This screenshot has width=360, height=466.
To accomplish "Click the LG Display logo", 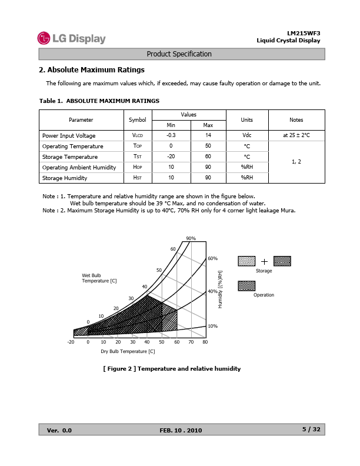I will pos(71,39).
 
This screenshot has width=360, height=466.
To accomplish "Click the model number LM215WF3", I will pos(304,33).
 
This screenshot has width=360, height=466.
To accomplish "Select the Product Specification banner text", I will pos(179,54).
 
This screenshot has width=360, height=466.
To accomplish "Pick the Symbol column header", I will pos(137,120).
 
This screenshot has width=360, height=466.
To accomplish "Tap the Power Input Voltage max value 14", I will pos(208,135).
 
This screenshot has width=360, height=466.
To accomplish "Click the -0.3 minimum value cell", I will pos(171,135).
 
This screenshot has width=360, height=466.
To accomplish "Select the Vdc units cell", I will pos(246,135).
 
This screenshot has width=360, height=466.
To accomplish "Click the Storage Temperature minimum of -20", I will pos(171,157).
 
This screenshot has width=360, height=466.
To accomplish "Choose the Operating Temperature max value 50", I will pos(208,146).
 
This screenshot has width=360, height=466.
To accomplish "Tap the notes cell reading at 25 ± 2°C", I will pos(296,135).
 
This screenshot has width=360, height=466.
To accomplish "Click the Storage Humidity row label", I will pos(65,178).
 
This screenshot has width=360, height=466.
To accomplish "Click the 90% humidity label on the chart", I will pos(191,238).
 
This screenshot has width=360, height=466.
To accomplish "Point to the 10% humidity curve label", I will pos(212,325).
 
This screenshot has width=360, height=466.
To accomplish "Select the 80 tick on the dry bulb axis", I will pos(205,342).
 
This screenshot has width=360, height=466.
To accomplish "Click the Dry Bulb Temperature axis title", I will pos(128,351).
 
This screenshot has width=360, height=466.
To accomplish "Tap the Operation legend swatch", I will pos(246,286).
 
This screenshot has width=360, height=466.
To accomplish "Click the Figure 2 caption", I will pos(172,369).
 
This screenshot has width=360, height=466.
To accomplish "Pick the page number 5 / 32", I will pos(311,430).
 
